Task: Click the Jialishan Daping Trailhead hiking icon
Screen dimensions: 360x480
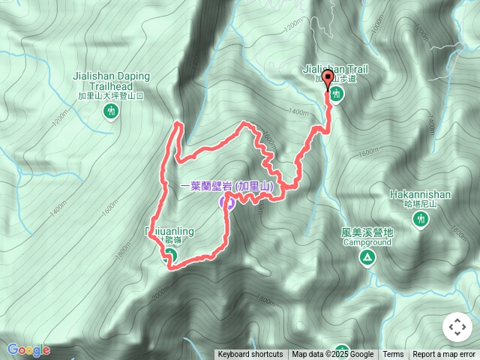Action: pyautogui.click(x=112, y=112)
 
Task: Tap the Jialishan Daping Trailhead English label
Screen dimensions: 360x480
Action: pyautogui.click(x=112, y=81)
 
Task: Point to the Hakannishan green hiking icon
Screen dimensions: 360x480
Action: pyautogui.click(x=420, y=219)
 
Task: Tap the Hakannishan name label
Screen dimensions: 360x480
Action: pyautogui.click(x=420, y=194)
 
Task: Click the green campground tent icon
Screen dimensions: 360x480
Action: pyautogui.click(x=367, y=259)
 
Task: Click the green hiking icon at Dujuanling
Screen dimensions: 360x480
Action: pyautogui.click(x=169, y=256)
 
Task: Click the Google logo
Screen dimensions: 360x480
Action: pyautogui.click(x=28, y=349)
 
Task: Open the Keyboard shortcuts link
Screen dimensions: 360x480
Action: pyautogui.click(x=250, y=355)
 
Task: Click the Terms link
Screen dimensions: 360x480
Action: pyautogui.click(x=393, y=355)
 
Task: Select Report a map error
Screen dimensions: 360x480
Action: pyautogui.click(x=445, y=355)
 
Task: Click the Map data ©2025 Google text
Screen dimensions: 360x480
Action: pyautogui.click(x=333, y=355)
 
